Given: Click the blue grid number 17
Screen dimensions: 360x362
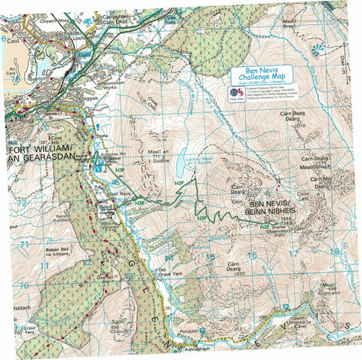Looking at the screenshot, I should [x=293, y=254].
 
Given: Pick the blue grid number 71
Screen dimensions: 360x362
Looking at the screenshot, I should [x=23, y=245].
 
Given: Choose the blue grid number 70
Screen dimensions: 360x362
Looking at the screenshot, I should [x=23, y=285].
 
